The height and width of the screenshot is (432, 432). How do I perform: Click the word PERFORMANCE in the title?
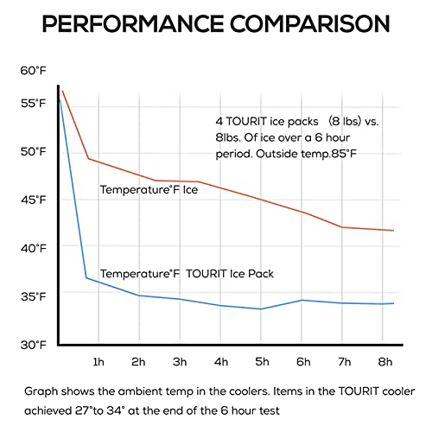[x=133, y=23]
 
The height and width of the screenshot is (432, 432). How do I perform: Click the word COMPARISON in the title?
[x=310, y=23]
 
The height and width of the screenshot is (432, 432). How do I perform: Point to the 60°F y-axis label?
[x=34, y=71]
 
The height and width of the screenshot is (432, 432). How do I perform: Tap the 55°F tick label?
[x=34, y=103]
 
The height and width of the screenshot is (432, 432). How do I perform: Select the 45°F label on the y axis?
[x=34, y=200]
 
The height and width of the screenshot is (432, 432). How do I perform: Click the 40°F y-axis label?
[x=34, y=248]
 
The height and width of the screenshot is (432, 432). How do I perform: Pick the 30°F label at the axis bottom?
[x=34, y=345]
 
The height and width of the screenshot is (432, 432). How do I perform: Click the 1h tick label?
[x=98, y=362]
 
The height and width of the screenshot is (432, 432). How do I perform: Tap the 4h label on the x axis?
[x=221, y=362]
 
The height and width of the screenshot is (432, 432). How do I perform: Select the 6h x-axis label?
[x=303, y=362]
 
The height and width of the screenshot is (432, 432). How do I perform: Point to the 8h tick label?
[x=385, y=362]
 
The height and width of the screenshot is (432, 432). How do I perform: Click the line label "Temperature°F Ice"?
[x=149, y=190]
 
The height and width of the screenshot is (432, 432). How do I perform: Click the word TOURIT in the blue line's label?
[x=206, y=274]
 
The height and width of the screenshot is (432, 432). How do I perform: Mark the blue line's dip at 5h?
[x=261, y=309]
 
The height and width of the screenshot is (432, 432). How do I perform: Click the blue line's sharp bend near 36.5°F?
[x=86, y=277]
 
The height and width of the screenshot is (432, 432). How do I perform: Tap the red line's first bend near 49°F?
[x=88, y=158]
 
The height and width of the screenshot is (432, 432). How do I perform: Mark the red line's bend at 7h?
[x=342, y=227]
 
